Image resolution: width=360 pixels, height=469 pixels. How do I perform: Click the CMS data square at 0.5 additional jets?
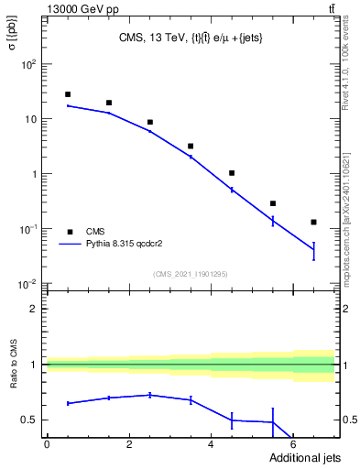point(68,94)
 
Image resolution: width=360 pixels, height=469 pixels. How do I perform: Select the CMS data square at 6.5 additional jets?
point(313,222)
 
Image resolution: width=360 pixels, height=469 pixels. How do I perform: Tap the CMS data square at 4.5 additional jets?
point(232,173)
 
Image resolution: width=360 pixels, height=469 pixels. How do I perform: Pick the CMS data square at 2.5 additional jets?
point(150,122)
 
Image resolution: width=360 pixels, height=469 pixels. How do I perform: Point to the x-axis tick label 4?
point(212,446)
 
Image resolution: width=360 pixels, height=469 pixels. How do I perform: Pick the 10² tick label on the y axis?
point(28,64)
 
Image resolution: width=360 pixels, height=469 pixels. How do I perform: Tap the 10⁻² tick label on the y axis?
point(28,283)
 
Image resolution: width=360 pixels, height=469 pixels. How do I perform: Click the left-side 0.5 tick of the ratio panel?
point(30,420)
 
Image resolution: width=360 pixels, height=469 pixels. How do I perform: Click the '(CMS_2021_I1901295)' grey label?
point(191,274)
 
